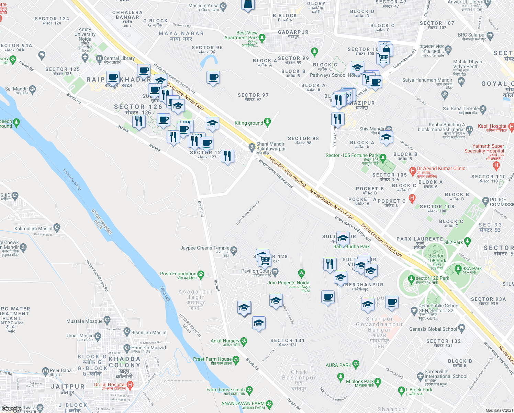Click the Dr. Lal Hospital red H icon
(x=130, y=385)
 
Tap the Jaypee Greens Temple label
(x=205, y=248)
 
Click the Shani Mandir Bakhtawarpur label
(x=270, y=146)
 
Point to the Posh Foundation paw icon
(x=201, y=274)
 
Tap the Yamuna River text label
(x=72, y=179)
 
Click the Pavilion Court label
(x=256, y=271)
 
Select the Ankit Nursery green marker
(x=244, y=341)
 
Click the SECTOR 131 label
(x=287, y=340)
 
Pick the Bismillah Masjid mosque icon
(x=127, y=332)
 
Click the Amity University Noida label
(x=85, y=34)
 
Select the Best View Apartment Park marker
(x=262, y=37)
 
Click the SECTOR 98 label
(x=303, y=138)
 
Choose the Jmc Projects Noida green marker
(x=301, y=274)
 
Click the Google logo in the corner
(x=11, y=409)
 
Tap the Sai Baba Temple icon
(x=483, y=109)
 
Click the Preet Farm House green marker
(x=236, y=360)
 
